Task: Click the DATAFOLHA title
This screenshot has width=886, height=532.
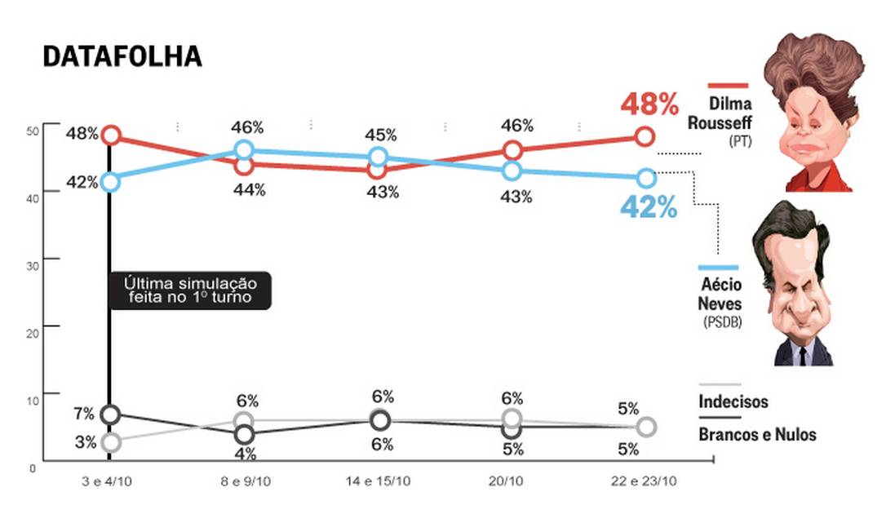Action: [122, 57]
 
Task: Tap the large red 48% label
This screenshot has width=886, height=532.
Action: [649, 104]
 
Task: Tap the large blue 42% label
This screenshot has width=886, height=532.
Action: [649, 207]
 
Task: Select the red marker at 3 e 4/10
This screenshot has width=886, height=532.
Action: [111, 135]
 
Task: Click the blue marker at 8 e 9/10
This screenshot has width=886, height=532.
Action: [245, 150]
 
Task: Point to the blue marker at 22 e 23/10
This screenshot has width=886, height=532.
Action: [645, 178]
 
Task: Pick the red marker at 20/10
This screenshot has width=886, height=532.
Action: [512, 150]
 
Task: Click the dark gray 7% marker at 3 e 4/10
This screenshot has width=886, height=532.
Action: [111, 414]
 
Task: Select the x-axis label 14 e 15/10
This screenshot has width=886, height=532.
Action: [379, 481]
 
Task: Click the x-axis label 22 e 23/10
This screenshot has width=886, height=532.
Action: [644, 481]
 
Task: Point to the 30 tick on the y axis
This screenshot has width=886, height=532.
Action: [32, 259]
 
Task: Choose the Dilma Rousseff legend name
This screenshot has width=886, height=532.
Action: [720, 114]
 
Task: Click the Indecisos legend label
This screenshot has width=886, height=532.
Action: [733, 401]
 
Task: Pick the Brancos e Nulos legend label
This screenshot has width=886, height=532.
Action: [757, 434]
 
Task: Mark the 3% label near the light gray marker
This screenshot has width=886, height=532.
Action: [86, 443]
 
